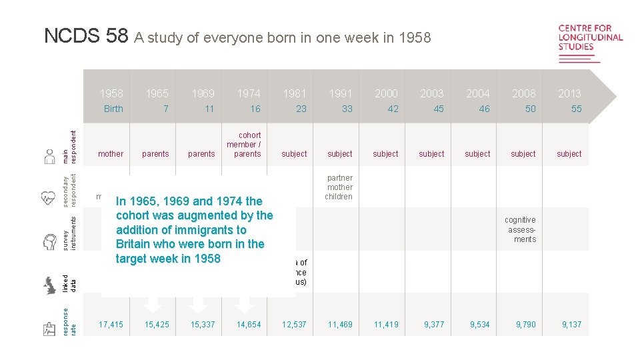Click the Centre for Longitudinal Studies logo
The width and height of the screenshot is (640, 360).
tap(590, 43)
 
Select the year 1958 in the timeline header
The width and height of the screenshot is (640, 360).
tap(111, 93)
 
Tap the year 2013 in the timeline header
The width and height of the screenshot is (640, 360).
tap(570, 93)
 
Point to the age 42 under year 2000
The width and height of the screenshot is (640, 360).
tap(393, 109)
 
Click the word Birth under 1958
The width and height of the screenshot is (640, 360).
tap(113, 109)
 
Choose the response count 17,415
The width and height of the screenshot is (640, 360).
tap(111, 325)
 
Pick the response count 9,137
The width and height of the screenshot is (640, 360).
tap(571, 325)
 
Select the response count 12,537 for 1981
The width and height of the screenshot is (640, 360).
tap(294, 325)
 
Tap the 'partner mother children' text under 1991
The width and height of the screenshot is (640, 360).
tap(339, 187)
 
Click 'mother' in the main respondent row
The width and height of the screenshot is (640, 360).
tap(111, 154)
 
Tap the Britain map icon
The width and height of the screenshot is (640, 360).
tap(49, 285)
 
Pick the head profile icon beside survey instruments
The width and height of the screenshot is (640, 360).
tap(49, 241)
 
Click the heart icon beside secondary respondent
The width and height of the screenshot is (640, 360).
tap(49, 197)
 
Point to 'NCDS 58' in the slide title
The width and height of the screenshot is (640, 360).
tap(86, 36)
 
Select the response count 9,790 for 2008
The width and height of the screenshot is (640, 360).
tap(525, 325)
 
